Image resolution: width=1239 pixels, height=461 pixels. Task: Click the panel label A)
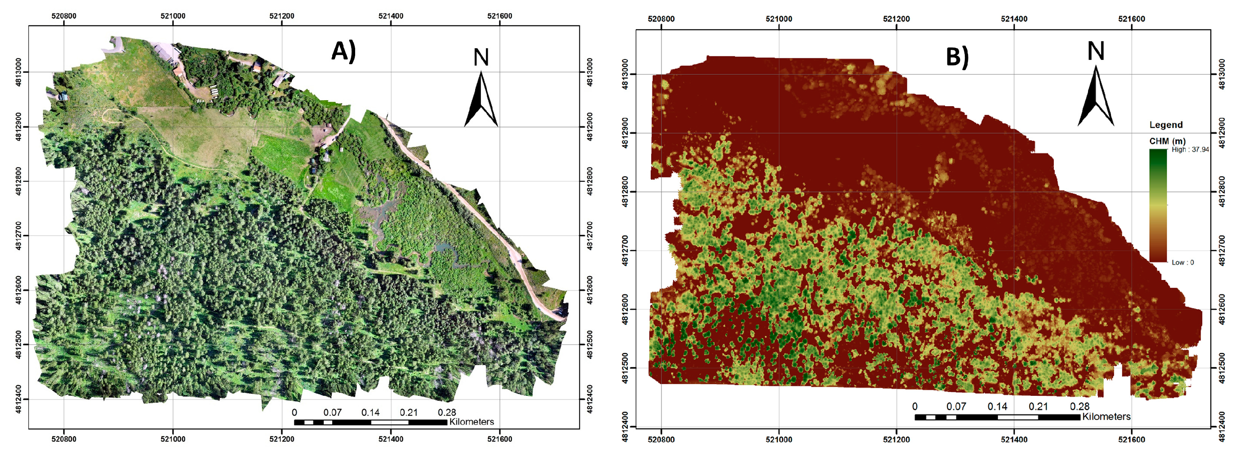point(343,51)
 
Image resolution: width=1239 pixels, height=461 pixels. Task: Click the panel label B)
point(957,56)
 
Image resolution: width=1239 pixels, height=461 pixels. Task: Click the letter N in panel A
point(481,57)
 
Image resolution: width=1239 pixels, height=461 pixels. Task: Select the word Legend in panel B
point(1166,125)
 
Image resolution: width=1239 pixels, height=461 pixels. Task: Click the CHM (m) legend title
point(1167,141)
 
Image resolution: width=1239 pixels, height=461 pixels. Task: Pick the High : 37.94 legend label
point(1190,150)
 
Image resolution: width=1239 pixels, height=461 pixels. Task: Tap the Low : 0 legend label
point(1183,262)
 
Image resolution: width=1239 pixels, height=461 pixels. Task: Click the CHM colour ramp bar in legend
point(1158,206)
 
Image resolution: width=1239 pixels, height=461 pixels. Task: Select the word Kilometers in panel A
point(472,422)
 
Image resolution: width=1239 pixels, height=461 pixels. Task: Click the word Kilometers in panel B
point(1106,416)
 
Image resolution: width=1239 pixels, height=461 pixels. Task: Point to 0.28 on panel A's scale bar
point(447,412)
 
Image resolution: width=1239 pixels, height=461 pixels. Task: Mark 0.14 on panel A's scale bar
point(370,412)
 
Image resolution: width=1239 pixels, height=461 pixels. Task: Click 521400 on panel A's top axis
point(391,16)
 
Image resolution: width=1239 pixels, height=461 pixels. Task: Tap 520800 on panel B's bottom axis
point(661,439)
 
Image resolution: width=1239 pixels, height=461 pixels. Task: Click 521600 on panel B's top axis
point(1131,19)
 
